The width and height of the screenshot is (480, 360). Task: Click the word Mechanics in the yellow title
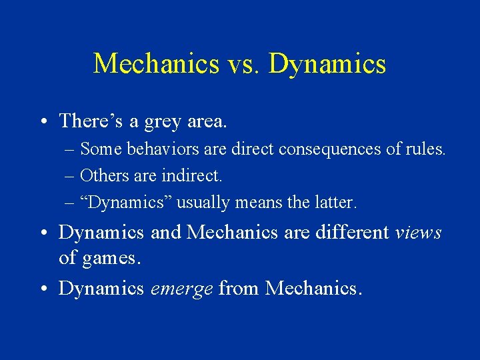[156, 64]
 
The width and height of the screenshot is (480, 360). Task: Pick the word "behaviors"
[155, 150]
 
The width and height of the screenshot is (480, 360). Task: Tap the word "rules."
[425, 150]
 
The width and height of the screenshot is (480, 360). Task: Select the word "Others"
[100, 176]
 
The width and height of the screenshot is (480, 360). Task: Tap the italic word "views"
[418, 233]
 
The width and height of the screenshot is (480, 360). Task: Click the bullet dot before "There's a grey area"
[43, 122]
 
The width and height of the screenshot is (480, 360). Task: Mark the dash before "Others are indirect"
[69, 177]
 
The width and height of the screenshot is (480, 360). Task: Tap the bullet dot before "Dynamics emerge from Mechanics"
[43, 289]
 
